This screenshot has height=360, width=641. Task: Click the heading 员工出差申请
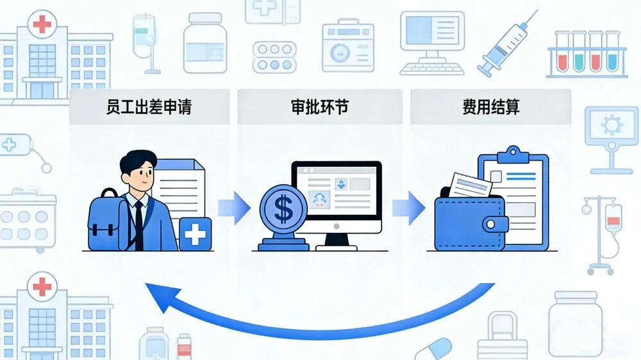pyautogui.click(x=149, y=107)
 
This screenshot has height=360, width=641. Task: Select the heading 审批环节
pyautogui.click(x=320, y=107)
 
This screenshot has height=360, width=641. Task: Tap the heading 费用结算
pyautogui.click(x=491, y=107)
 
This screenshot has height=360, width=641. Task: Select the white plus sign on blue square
pyautogui.click(x=195, y=234)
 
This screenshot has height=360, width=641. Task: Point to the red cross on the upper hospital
pyautogui.click(x=42, y=25)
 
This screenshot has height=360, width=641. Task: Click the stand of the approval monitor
pyautogui.click(x=336, y=240)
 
